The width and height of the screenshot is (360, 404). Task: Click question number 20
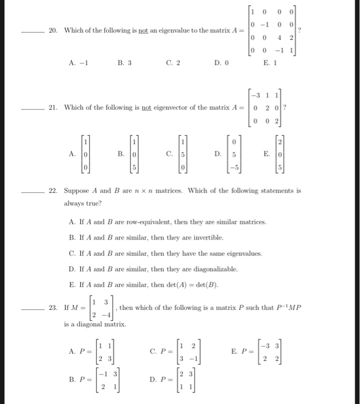pyautogui.click(x=52, y=29)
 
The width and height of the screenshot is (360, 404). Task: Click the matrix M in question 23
pyautogui.click(x=99, y=308)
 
